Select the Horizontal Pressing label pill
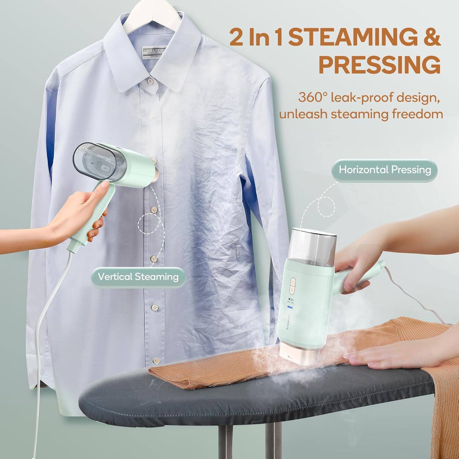385,170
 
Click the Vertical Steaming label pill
138,277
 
